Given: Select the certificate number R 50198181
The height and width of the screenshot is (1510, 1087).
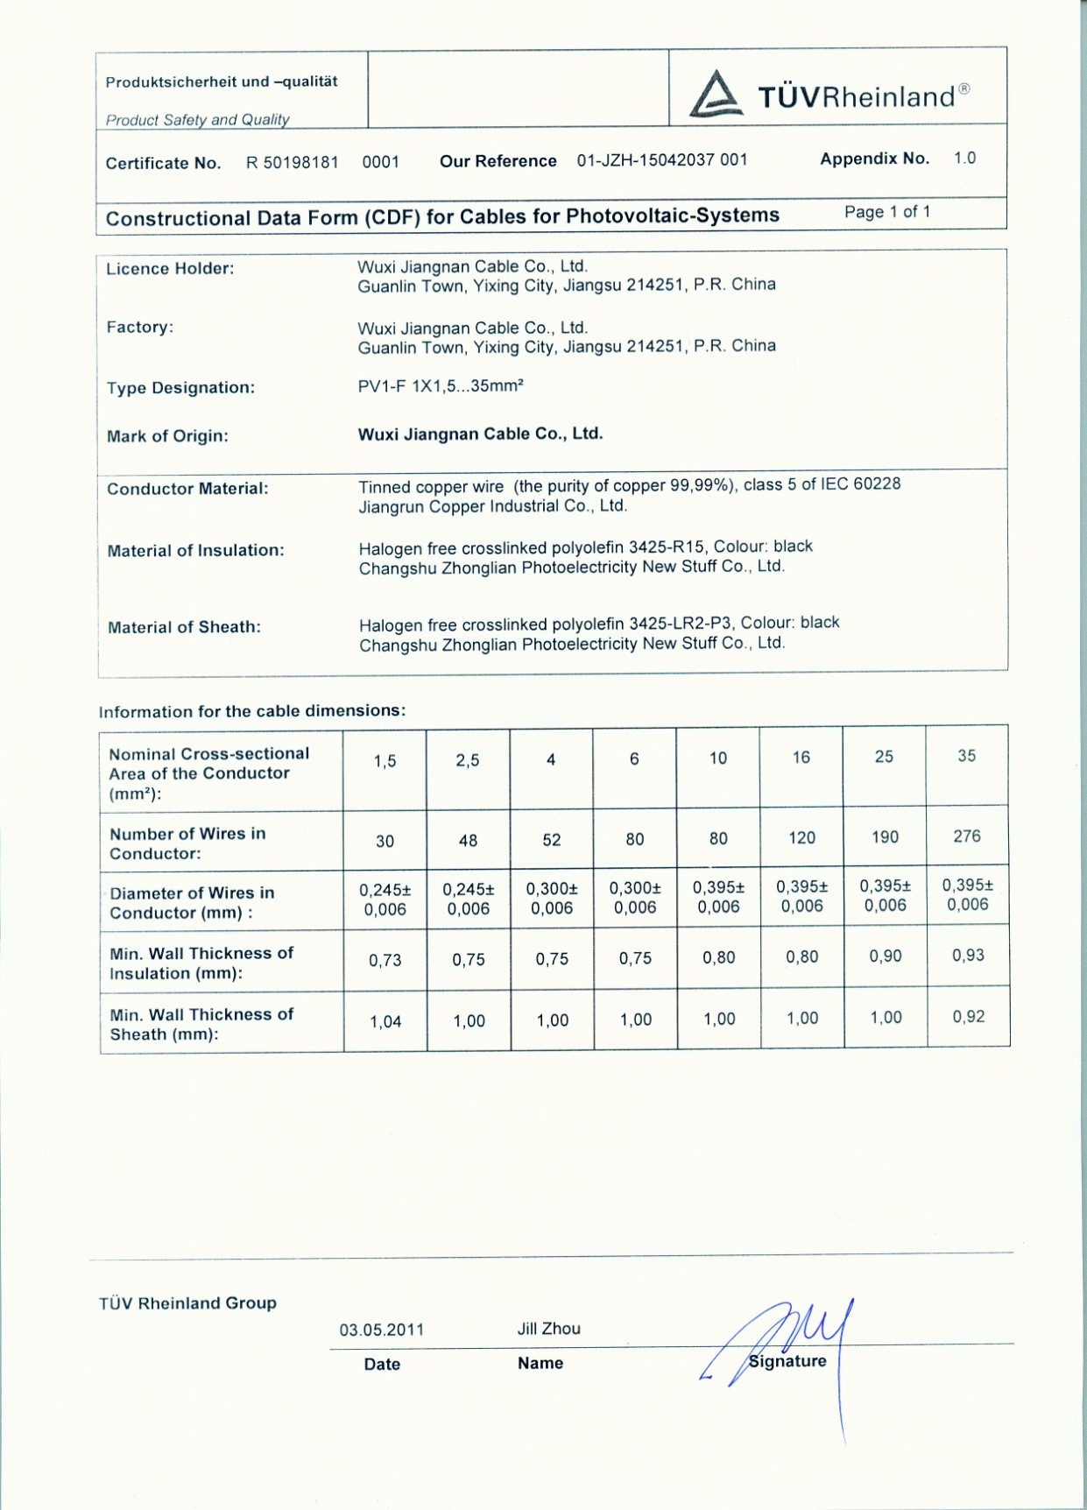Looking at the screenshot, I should tap(292, 163).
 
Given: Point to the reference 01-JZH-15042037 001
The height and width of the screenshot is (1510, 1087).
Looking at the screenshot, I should tap(662, 160).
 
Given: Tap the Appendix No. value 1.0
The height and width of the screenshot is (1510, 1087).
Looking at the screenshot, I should tap(964, 159).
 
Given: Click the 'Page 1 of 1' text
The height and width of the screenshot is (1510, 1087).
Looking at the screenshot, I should tap(887, 212).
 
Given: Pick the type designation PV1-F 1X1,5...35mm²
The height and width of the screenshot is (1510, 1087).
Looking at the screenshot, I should tap(441, 386).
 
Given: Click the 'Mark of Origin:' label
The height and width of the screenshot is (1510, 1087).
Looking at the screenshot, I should tap(167, 436).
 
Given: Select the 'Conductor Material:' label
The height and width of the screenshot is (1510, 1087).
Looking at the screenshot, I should tap(187, 489).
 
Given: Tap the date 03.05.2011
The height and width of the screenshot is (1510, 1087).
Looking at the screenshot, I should tap(382, 1330).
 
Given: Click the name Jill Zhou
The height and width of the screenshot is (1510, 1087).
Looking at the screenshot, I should tap(549, 1329).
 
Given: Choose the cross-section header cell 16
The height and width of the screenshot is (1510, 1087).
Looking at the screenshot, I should tap(801, 758).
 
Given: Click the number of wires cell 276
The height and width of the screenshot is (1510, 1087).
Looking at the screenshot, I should tap(967, 836).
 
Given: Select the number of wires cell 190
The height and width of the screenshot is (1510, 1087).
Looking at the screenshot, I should tap(885, 837).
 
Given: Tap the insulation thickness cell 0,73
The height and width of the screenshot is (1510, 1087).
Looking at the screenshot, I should tap(385, 961).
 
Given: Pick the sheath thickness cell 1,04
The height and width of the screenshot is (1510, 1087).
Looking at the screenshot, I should tap(385, 1021).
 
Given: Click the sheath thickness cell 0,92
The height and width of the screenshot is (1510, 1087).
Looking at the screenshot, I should tap(969, 1017).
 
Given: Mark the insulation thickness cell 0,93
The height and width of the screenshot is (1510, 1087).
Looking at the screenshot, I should tap(969, 956).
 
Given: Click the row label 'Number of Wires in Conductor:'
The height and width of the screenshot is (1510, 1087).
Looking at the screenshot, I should tap(187, 843).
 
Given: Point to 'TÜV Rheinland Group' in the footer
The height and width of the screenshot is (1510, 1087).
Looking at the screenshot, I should tap(187, 1303).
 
